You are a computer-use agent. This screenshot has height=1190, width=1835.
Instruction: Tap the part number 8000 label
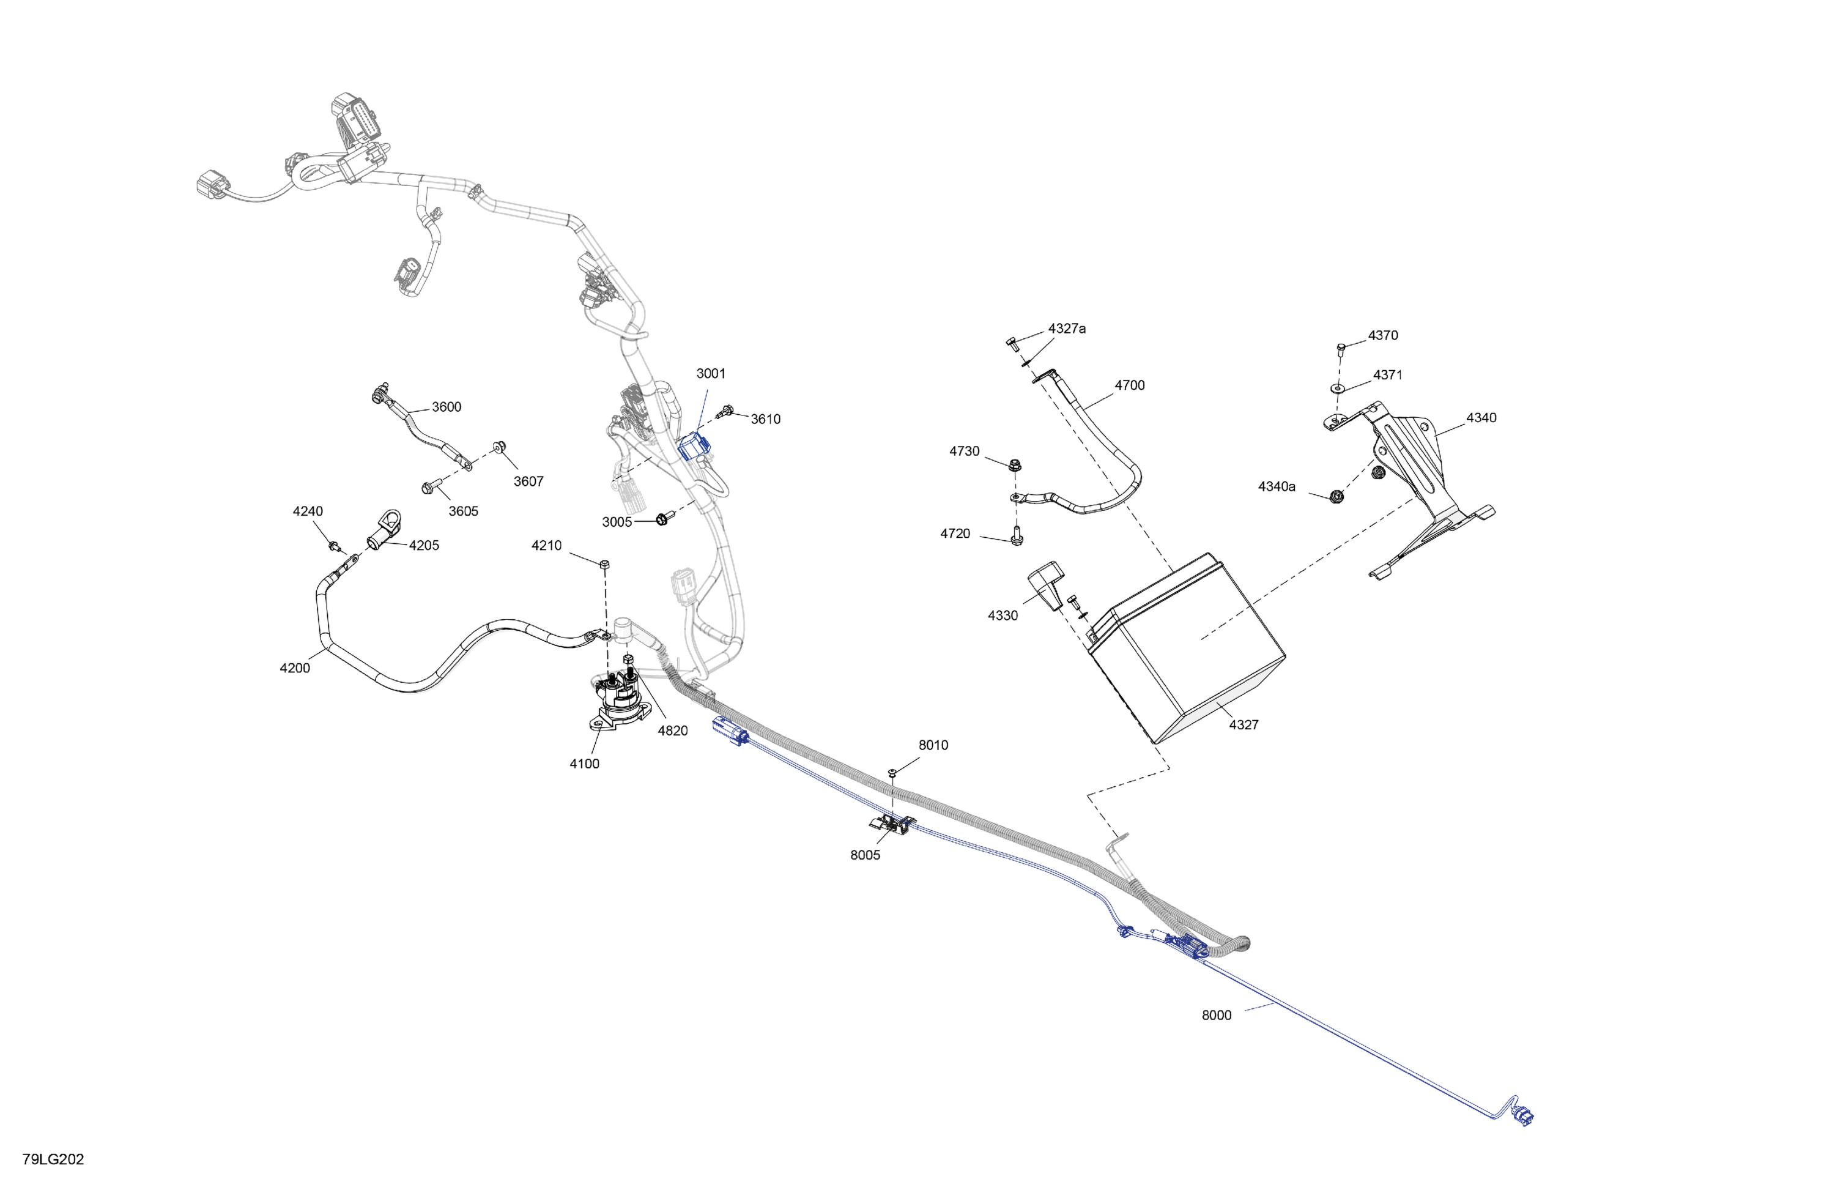coord(1216,1015)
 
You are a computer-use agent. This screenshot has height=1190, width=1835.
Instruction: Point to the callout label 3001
coord(711,373)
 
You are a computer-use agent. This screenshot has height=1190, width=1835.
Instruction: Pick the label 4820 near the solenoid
coord(672,731)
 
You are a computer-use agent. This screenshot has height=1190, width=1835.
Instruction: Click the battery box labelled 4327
coord(1187,648)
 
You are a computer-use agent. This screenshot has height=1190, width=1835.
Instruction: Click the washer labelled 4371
coord(1338,388)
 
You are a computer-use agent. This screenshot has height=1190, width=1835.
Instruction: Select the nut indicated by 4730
coord(1015,464)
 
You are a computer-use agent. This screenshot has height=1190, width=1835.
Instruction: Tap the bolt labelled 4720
coord(1016,535)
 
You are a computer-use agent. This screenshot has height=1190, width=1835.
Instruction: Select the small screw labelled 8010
coord(893,772)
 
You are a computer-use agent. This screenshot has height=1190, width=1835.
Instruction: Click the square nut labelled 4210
coord(604,565)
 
